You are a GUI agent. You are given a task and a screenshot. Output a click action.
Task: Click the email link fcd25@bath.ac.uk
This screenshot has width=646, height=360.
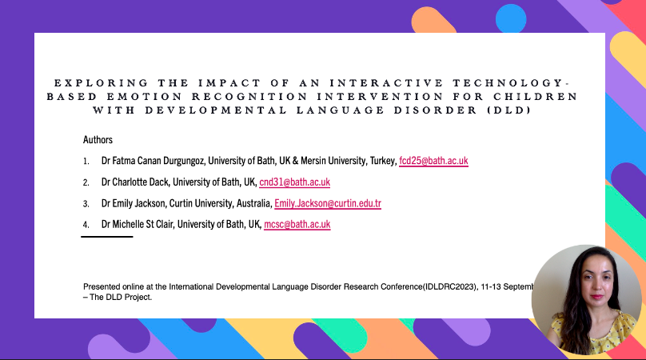point(433,161)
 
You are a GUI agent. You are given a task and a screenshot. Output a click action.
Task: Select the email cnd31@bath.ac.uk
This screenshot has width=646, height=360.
point(295,182)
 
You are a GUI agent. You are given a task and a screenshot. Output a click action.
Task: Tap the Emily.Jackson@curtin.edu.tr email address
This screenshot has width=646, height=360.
point(328,203)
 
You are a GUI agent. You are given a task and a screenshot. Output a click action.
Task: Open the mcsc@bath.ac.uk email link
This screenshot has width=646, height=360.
point(297,225)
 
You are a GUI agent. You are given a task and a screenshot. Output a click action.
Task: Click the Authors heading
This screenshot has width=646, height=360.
point(98,139)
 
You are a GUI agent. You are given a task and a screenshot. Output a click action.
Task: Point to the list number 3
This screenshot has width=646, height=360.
point(86,204)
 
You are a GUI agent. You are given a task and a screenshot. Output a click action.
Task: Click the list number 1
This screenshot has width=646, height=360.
point(86,162)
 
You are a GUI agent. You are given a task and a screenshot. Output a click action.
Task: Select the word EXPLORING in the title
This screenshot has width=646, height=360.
point(90,83)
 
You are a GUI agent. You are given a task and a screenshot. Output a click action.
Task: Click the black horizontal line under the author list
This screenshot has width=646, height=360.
point(107,237)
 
